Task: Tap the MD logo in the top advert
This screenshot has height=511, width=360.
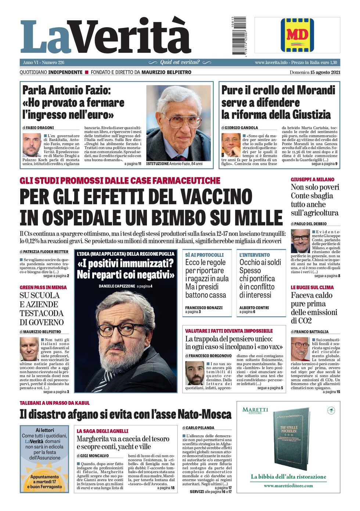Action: pyautogui.click(x=297, y=35)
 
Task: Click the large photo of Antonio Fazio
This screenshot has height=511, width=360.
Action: pyautogui.click(x=179, y=123)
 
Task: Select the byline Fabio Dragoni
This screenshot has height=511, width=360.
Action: pyautogui.click(x=40, y=127)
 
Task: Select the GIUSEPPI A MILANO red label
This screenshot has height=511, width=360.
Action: pyautogui.click(x=313, y=180)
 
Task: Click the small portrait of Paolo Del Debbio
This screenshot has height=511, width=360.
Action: pyautogui.click(x=300, y=241)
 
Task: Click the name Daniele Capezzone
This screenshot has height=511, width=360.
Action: pyautogui.click(x=116, y=286)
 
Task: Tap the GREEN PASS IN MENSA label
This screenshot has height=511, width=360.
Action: pyautogui.click(x=43, y=287)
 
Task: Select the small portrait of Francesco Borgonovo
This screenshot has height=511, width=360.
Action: pyautogui.click(x=194, y=373)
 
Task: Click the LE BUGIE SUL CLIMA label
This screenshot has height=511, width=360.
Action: pyautogui.click(x=312, y=287)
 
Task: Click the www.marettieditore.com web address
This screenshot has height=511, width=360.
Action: pyautogui.click(x=288, y=485)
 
